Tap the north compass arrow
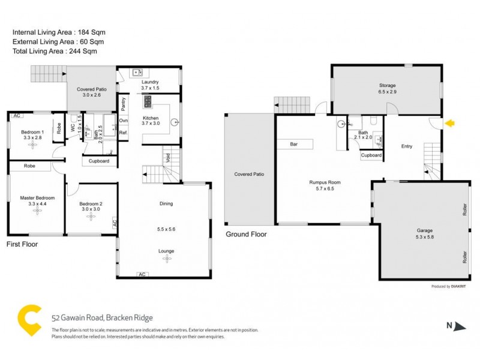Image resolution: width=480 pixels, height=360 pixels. click(458, 326)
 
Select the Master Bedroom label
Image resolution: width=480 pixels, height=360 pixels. click(37, 198)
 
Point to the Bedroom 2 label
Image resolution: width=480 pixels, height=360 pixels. click(91, 204)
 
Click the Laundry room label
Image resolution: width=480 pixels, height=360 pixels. click(149, 82)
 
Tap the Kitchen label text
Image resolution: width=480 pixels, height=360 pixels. click(150, 118)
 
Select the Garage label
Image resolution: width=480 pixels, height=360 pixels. click(425, 230)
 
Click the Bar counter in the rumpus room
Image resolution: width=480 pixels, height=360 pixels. click(294, 144)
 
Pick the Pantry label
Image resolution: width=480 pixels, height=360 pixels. click(123, 103)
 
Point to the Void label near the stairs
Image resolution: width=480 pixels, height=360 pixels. click(167, 159)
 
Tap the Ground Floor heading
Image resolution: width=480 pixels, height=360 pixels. click(246, 235)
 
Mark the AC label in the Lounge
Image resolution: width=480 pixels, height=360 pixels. click(142, 274)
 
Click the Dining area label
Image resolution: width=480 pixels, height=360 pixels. click(166, 203)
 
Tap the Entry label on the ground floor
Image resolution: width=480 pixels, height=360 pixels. click(407, 146)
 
